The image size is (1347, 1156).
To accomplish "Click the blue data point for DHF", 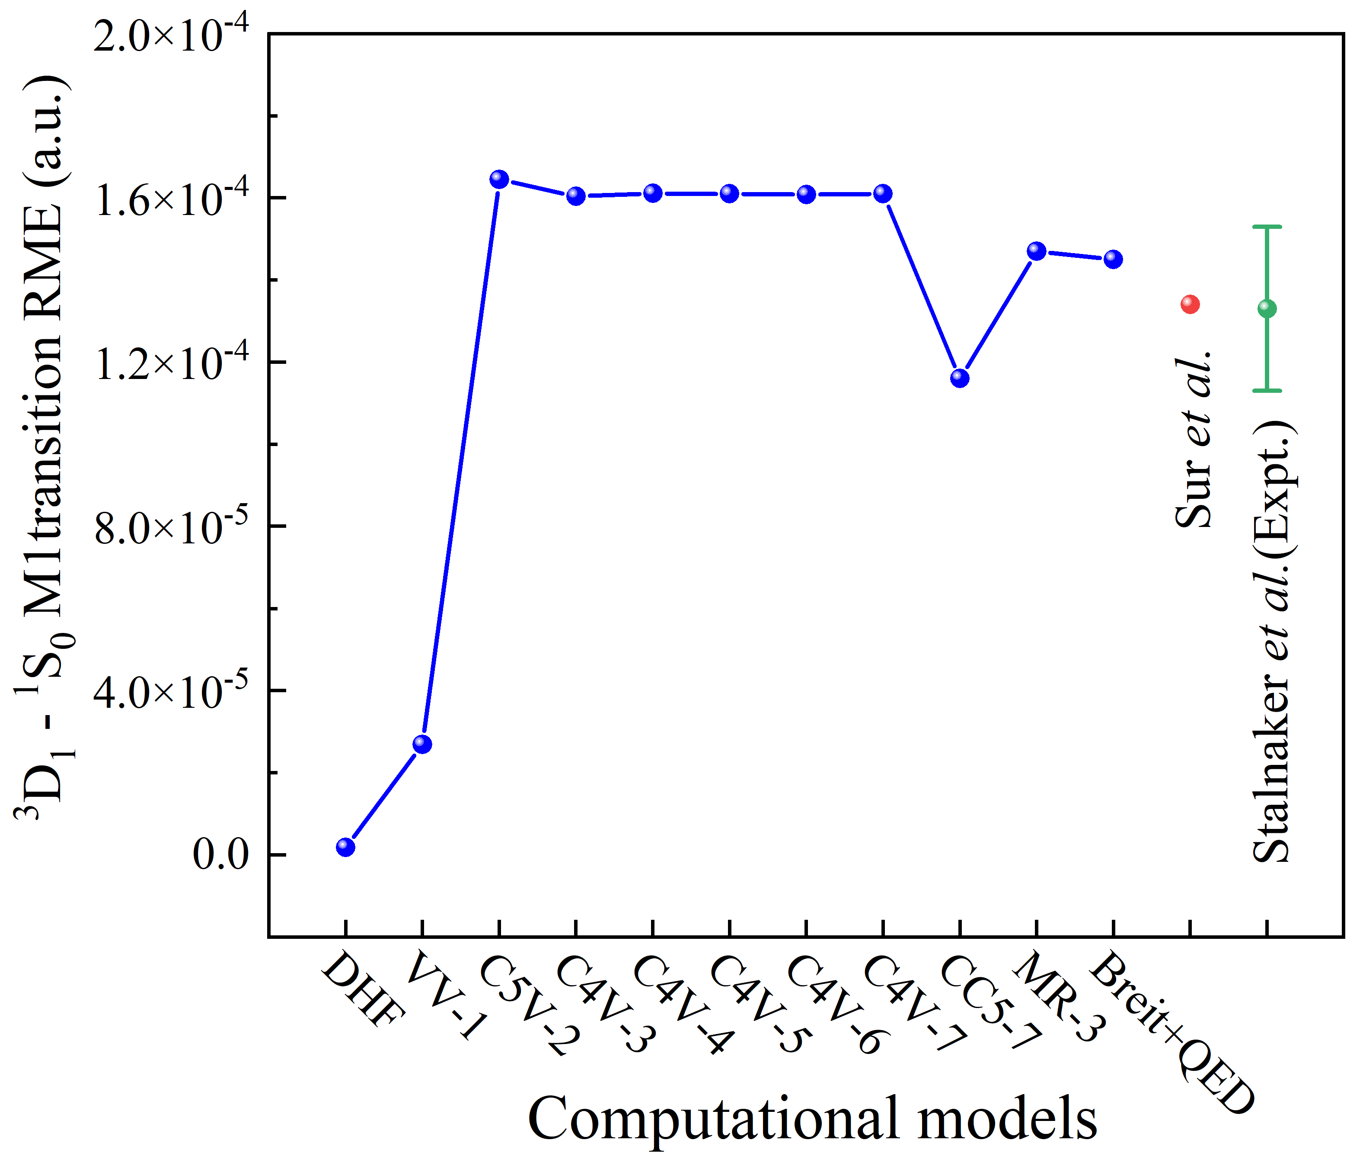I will pos(345,847).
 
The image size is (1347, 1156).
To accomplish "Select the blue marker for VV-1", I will pos(422,744).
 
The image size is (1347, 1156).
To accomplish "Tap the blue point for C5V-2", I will pos(498,179).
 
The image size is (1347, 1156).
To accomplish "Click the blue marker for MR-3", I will pos(1036,251).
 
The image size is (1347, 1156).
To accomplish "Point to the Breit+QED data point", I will pos(1113,259).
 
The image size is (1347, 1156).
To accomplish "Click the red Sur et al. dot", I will pos(1190,304).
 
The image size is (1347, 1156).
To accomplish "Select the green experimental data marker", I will pos(1267,308).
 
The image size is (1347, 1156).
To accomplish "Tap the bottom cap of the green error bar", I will pos(1267,390).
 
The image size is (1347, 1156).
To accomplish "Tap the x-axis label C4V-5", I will pos(757,1005).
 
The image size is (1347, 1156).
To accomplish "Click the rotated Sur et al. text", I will pos(1195,440).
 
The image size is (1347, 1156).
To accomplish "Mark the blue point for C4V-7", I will pos(882,193).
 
